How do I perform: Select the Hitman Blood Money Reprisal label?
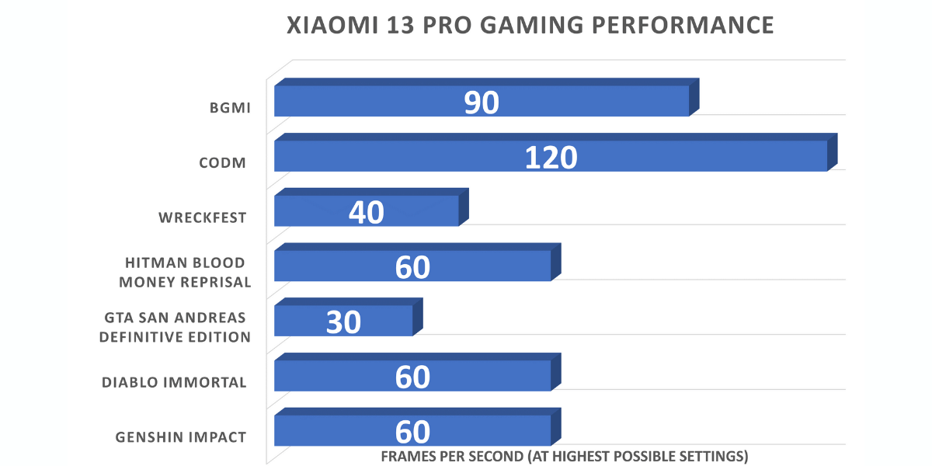(x=185, y=273)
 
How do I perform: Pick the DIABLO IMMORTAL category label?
(x=175, y=382)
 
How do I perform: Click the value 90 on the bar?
(x=481, y=103)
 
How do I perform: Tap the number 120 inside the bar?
(x=551, y=158)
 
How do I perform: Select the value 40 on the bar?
(x=366, y=212)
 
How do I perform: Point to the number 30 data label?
(x=343, y=322)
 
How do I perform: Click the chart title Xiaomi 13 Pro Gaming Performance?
(x=530, y=25)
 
